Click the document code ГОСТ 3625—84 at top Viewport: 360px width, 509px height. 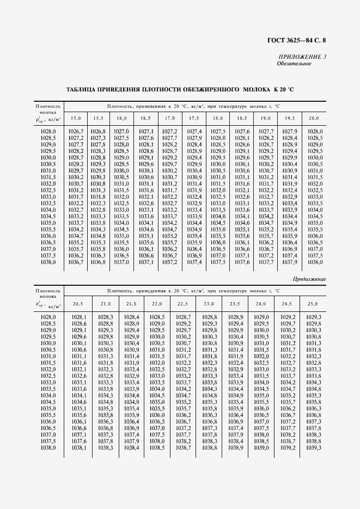[x=299, y=40]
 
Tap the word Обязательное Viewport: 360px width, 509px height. [x=294, y=64]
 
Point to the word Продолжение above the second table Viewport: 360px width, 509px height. [x=309, y=279]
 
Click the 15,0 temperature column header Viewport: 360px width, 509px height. [x=75, y=118]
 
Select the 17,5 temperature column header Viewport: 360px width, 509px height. [x=194, y=118]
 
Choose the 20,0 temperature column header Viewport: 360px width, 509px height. [x=314, y=118]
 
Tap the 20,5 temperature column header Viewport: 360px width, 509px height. [x=78, y=303]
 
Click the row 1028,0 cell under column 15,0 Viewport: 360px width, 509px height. [x=75, y=131]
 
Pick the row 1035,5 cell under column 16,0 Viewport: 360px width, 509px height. [x=121, y=229]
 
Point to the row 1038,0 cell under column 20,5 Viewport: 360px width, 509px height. [x=79, y=447]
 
